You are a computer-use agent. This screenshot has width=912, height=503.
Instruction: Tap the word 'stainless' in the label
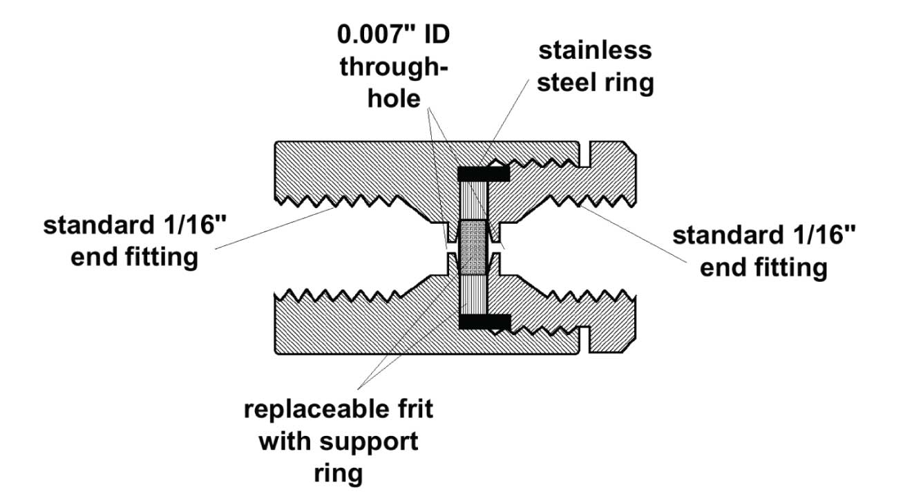(595, 50)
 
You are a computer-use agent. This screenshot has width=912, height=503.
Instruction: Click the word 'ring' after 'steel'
(629, 83)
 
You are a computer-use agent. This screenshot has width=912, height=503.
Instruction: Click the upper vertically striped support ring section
(474, 200)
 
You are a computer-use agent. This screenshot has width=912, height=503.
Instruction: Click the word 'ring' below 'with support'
(339, 473)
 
